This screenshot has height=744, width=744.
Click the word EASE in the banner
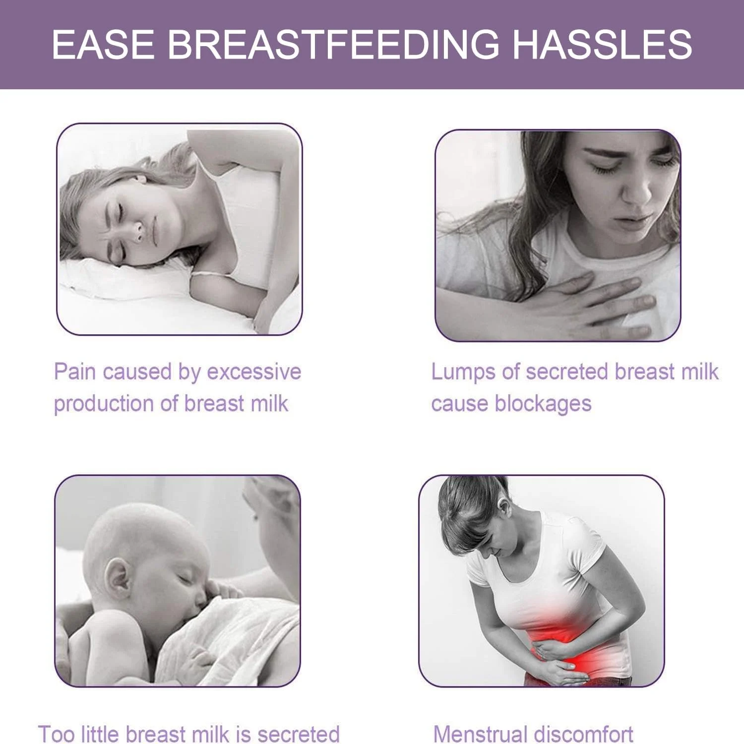(103, 45)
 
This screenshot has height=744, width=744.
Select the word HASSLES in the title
(602, 45)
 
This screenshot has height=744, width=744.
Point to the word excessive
(254, 372)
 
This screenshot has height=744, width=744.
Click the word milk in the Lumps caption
(700, 372)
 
